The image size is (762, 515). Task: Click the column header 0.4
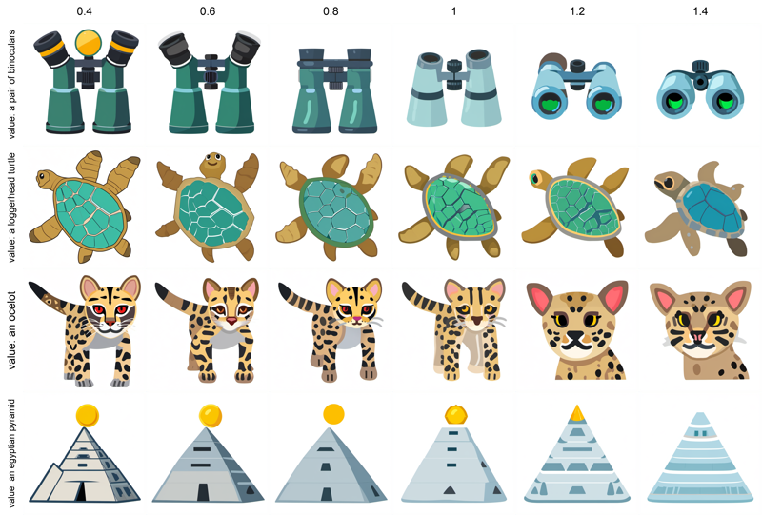click(x=84, y=10)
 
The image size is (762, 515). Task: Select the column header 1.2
click(x=577, y=10)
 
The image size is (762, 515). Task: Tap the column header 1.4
click(x=700, y=10)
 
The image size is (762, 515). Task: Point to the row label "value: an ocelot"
click(x=11, y=330)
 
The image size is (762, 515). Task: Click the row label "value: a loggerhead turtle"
click(x=11, y=208)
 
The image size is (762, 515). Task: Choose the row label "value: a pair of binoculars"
click(x=11, y=85)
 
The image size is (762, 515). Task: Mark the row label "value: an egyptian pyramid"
click(x=11, y=453)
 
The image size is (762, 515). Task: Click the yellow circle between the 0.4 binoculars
click(x=88, y=43)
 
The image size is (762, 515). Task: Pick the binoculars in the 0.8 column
click(x=335, y=90)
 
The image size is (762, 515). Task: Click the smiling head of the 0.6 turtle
click(x=212, y=165)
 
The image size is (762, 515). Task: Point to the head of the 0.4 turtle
click(x=46, y=178)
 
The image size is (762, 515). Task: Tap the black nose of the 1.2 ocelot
click(x=575, y=336)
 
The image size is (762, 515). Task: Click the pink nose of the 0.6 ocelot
click(x=231, y=321)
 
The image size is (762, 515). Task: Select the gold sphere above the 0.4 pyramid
click(x=88, y=416)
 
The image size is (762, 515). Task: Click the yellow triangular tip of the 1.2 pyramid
click(x=577, y=413)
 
